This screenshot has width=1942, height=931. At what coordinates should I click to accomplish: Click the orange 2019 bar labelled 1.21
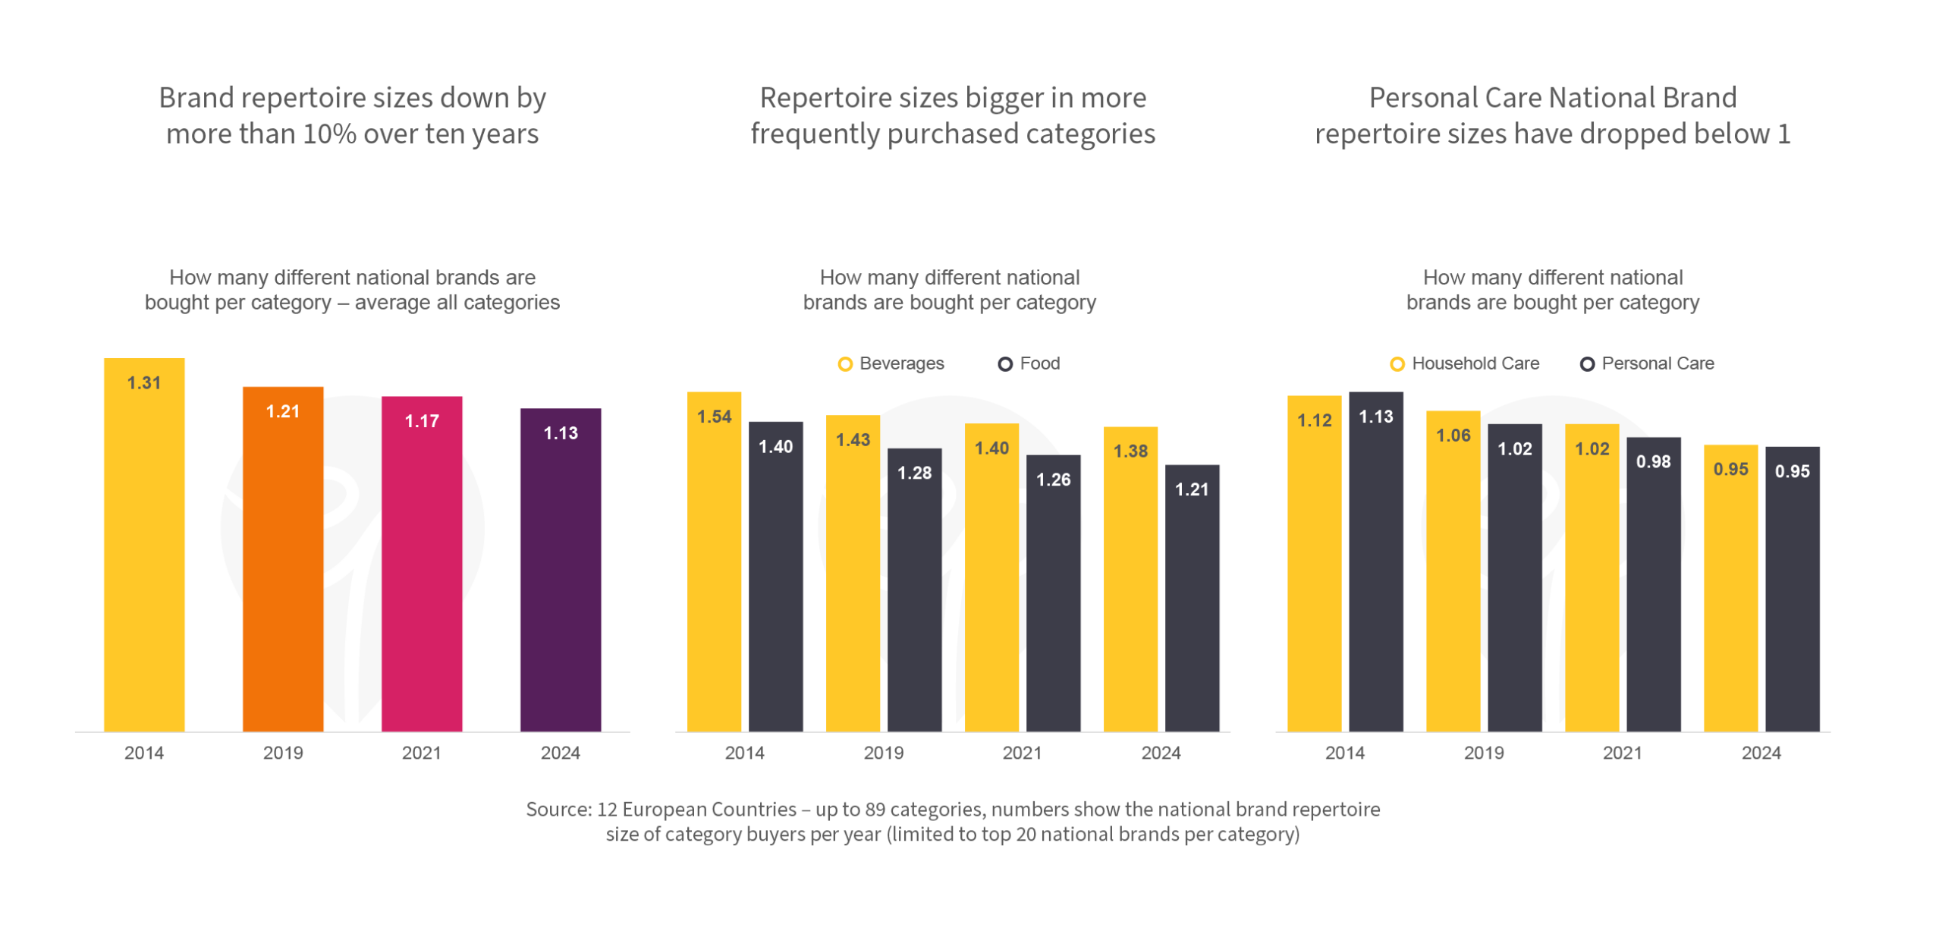point(283,561)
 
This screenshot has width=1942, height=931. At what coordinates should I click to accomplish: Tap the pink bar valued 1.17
point(422,565)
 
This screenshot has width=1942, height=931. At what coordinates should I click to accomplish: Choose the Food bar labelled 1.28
point(915,592)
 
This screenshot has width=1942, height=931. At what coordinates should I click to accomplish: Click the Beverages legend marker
point(844,364)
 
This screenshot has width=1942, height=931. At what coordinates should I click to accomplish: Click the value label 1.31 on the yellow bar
point(144,383)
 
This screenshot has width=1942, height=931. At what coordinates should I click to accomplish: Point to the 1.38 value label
point(1130,451)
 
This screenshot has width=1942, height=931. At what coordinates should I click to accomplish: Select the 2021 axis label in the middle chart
point(1022,753)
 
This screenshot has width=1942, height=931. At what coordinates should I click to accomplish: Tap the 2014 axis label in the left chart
point(144,753)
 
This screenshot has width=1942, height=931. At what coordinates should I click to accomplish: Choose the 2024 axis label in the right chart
point(1761,753)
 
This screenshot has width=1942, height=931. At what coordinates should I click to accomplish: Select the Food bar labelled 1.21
point(1193,599)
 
